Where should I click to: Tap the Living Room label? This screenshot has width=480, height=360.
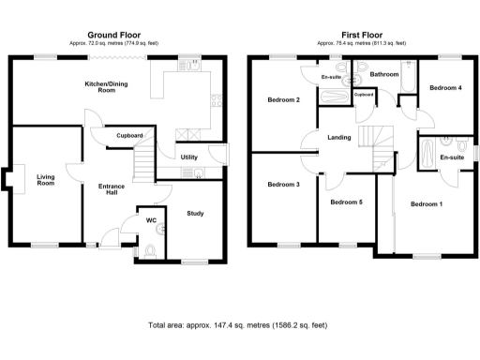(46, 180)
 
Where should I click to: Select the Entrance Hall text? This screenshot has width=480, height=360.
(112, 190)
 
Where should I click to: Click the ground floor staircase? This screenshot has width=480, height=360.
(142, 167)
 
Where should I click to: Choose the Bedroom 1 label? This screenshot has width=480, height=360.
(427, 203)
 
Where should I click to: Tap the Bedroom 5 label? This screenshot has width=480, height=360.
(346, 202)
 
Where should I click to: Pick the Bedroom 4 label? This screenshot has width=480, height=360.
(445, 88)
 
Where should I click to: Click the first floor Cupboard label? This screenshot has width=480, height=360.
(364, 94)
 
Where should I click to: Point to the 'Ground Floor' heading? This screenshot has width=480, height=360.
(114, 33)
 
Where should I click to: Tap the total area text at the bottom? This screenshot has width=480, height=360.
(239, 326)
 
